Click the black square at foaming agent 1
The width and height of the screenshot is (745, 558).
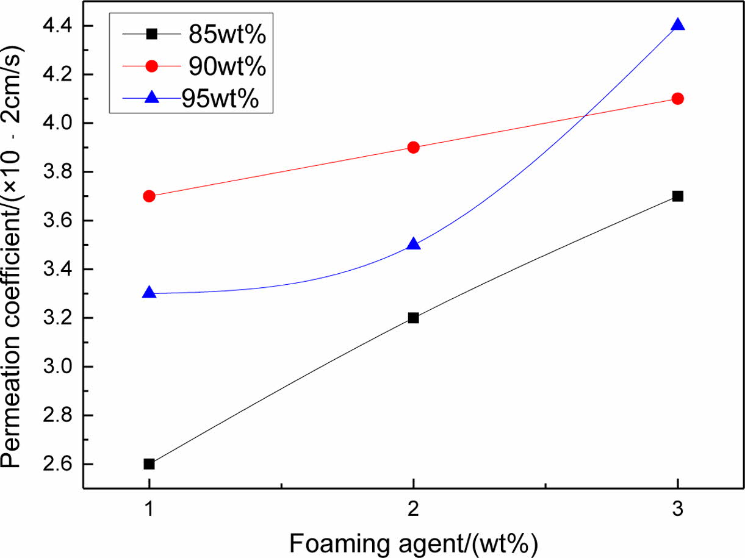[x=149, y=464]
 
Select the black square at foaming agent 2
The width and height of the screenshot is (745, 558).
[x=413, y=318]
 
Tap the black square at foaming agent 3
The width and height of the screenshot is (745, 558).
[x=677, y=196]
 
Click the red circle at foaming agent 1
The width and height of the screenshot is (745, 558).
[x=149, y=196]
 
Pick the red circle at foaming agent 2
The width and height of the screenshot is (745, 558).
[x=413, y=147]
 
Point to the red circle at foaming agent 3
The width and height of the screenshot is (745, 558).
[x=677, y=98]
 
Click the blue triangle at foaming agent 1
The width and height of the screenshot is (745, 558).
[x=149, y=293]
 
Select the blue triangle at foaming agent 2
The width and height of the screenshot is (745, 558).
[x=413, y=244]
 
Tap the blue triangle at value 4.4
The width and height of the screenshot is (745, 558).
[x=677, y=25]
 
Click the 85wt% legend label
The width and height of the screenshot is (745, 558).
[x=226, y=35]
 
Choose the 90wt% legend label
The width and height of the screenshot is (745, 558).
[x=226, y=66]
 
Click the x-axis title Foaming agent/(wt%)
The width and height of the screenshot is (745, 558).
[x=413, y=542]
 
